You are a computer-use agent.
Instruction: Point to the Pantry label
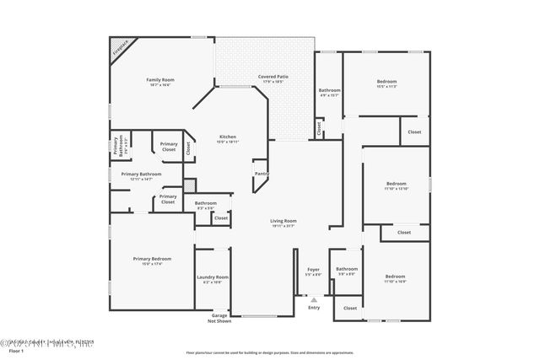click(x=261, y=174)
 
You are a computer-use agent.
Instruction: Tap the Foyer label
click(x=313, y=270)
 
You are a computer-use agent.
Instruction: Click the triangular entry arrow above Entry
click(x=314, y=298)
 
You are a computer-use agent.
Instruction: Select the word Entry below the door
click(x=314, y=307)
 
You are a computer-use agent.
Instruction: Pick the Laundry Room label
click(x=213, y=277)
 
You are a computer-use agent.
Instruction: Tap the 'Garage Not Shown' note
click(x=219, y=318)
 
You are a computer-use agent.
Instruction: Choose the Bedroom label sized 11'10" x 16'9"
click(x=396, y=277)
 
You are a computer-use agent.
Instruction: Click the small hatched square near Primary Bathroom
click(x=190, y=184)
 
